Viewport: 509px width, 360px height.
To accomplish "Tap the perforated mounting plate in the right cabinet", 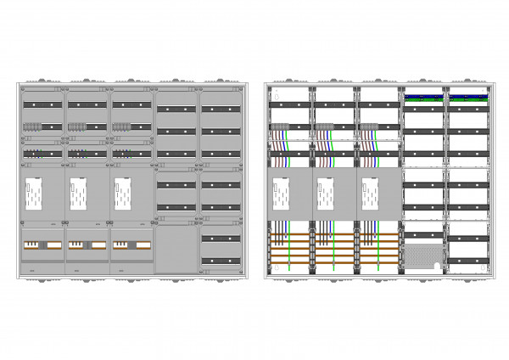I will (x=424, y=255).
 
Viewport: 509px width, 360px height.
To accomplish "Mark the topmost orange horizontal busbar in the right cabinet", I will (x=335, y=234).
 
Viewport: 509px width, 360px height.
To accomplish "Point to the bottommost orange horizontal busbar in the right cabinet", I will (x=335, y=264).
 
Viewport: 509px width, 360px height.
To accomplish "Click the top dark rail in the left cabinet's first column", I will (x=42, y=104).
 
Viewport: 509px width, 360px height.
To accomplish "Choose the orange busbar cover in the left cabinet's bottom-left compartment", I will (x=42, y=245).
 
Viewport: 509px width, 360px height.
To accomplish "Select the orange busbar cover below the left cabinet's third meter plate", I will (x=131, y=245).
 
